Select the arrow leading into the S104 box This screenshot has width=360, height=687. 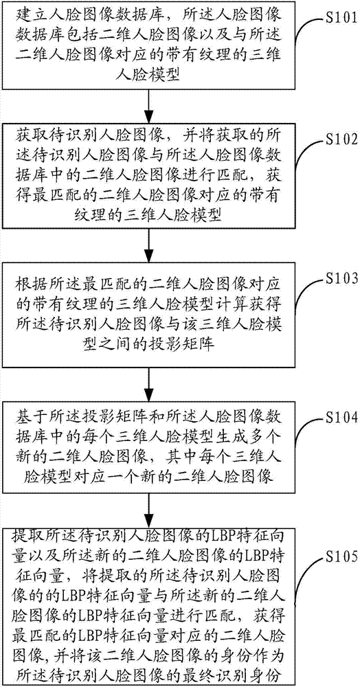150,379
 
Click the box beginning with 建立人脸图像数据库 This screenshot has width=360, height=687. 150,45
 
